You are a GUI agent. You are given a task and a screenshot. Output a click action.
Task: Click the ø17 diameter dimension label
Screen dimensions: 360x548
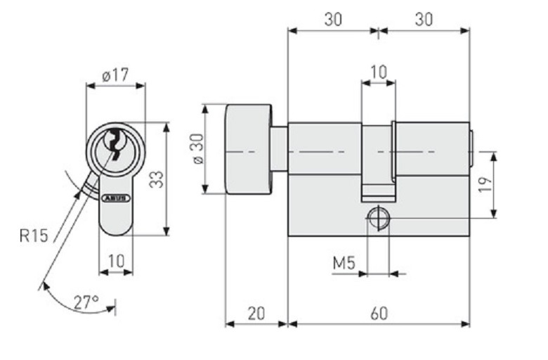[115, 74]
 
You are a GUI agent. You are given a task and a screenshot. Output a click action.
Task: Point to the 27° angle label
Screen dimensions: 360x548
[86, 303]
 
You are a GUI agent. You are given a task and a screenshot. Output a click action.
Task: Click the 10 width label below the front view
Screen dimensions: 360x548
[116, 261]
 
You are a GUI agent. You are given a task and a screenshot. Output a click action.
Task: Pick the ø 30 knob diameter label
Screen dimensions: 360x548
[198, 148]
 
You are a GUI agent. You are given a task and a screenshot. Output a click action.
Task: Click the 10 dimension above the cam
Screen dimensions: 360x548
[378, 72]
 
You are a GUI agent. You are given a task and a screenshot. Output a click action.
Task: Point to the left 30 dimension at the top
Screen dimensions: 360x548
[333, 20]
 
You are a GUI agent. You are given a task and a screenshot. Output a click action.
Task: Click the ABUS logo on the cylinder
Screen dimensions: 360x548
[115, 198]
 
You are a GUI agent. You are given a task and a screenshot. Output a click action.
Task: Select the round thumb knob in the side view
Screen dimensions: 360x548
[248, 149]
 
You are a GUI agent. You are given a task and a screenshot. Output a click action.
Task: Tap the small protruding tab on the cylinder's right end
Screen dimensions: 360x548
[472, 149]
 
